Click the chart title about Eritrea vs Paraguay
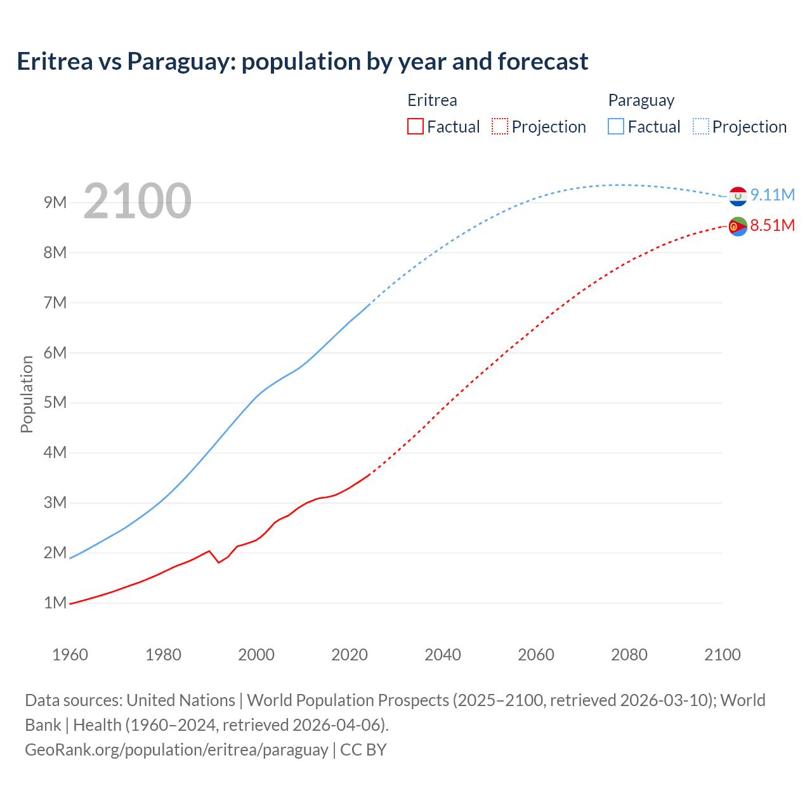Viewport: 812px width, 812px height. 303,62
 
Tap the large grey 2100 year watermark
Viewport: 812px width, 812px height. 137,201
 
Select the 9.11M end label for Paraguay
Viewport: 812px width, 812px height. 772,195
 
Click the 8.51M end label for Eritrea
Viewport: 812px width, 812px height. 772,226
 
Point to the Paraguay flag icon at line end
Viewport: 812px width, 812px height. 738,197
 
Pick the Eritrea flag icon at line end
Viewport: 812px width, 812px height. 738,226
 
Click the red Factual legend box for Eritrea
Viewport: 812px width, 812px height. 416,127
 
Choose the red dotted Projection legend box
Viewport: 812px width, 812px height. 500,127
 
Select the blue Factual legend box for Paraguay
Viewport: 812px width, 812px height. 616,127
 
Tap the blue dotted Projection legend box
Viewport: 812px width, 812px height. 701,127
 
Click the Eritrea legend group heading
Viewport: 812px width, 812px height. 432,100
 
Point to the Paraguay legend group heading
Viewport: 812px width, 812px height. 641,100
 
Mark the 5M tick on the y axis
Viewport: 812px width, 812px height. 55,402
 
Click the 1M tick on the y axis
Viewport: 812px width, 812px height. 55,603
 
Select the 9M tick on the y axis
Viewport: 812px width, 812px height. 55,202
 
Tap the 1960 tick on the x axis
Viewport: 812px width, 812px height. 70,655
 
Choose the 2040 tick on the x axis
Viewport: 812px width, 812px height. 443,655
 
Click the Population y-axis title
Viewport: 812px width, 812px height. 27,394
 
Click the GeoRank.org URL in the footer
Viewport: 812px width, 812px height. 176,750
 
